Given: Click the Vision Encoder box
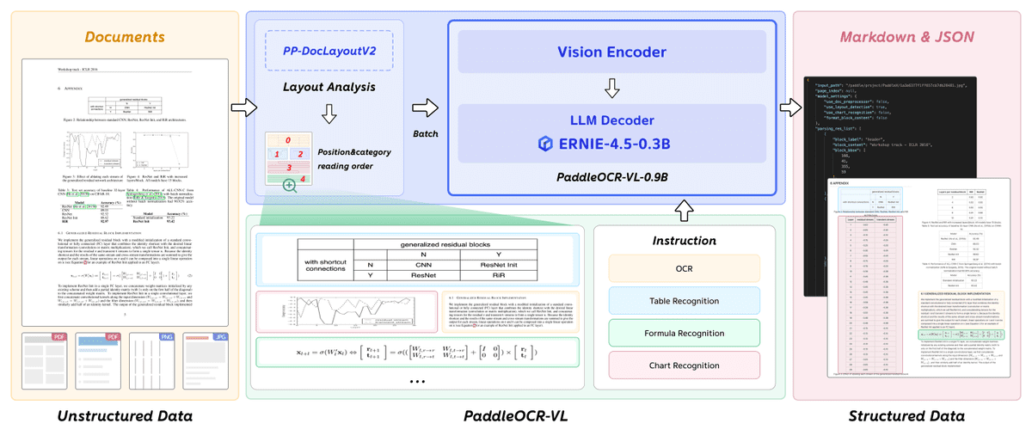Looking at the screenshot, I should (611, 52).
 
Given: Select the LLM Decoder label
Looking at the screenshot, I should (611, 120).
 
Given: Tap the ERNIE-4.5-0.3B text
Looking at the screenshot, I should (614, 144).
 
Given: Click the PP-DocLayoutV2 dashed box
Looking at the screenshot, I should (329, 52).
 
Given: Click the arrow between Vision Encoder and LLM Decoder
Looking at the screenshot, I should (611, 88).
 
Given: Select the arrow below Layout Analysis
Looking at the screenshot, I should (329, 114).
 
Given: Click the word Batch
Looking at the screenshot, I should (425, 134).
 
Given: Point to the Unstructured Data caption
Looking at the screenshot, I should (124, 417).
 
